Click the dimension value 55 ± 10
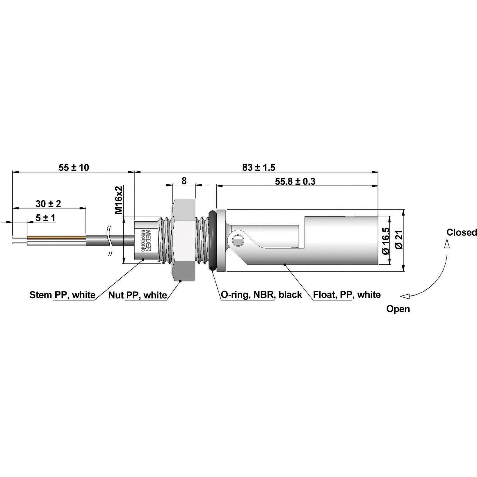(74, 167)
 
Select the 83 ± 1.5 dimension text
(259, 167)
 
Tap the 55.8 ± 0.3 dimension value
(295, 181)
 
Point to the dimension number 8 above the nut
(184, 181)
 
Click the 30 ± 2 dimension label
(48, 204)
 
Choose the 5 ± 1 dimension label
(45, 218)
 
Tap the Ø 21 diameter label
(399, 240)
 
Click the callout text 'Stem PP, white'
(62, 295)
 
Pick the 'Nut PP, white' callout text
(138, 295)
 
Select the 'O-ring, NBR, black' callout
(261, 295)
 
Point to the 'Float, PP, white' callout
(347, 295)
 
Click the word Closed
(462, 232)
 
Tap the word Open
(398, 309)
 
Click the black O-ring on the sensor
(212, 240)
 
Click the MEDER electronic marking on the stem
(146, 240)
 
